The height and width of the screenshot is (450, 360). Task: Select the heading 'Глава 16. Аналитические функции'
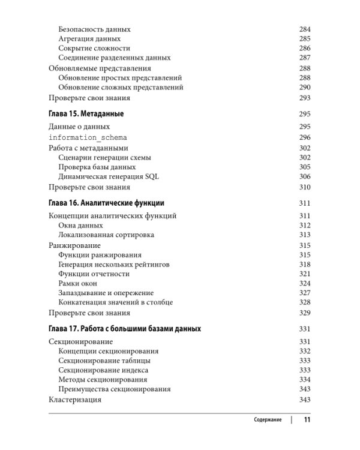pos(106,203)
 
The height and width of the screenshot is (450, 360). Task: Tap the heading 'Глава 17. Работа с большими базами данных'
pos(124,329)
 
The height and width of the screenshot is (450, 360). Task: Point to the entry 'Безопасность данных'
pos(94,29)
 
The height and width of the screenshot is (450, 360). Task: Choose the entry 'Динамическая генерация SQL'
pos(109,176)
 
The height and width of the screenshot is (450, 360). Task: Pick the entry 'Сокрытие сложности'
pos(94,48)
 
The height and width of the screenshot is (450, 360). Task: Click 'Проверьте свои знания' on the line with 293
pos(89,98)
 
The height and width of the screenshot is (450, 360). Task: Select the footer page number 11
pos(307,420)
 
